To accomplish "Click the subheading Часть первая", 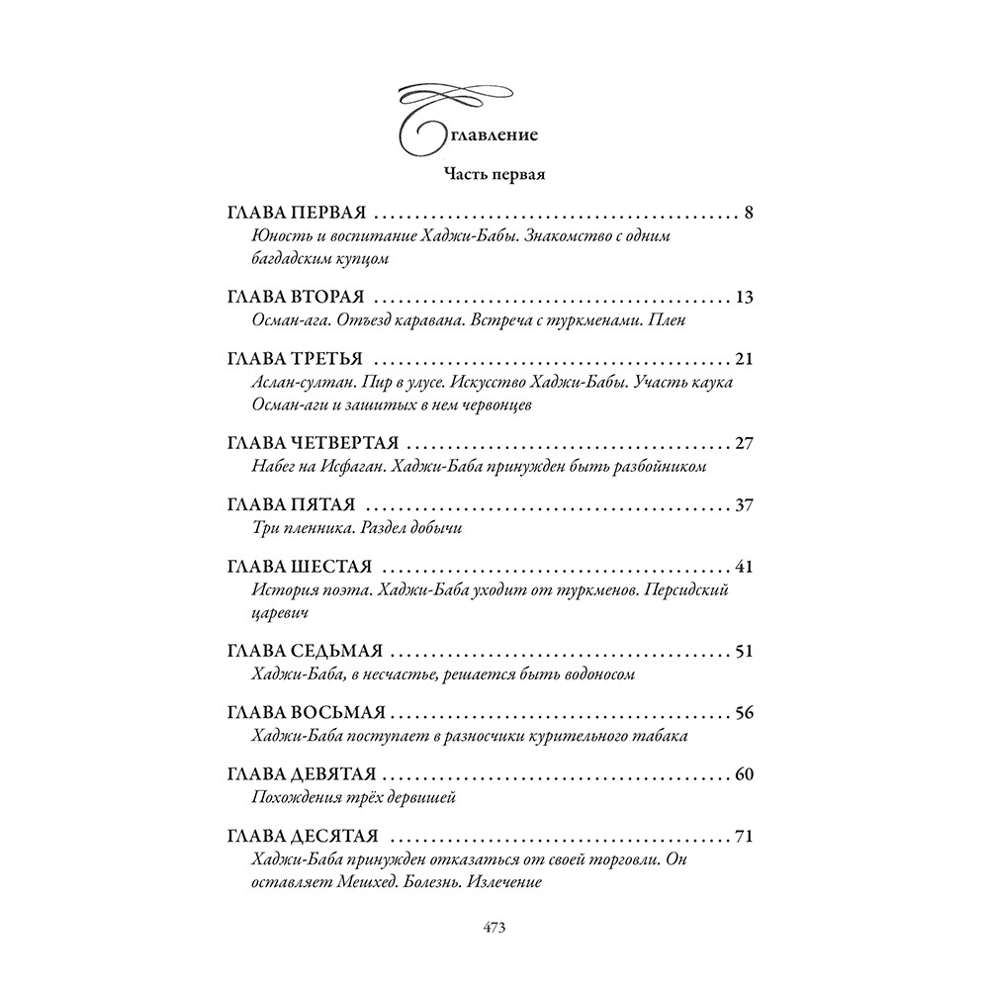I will click(494, 175).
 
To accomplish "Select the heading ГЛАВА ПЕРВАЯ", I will click(297, 213).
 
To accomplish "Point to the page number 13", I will click(746, 297).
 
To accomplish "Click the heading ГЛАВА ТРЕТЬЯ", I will click(295, 358).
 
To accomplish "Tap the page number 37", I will click(746, 505).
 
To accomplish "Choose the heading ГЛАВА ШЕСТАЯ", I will click(299, 568).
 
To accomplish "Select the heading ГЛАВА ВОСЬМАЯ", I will click(307, 714).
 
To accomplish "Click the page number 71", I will click(746, 838).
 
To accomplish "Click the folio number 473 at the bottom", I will click(494, 928).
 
